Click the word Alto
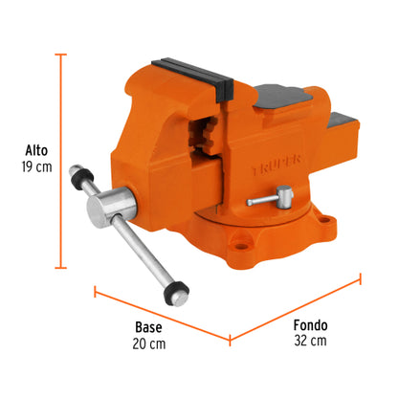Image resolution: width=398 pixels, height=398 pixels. pyautogui.click(x=36, y=150)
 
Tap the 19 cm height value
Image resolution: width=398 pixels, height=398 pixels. pyautogui.click(x=36, y=167)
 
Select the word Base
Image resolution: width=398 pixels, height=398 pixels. pyautogui.click(x=147, y=324)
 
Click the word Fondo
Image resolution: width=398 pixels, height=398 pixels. pyautogui.click(x=312, y=324)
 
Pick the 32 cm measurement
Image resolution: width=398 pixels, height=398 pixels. pyautogui.click(x=312, y=342)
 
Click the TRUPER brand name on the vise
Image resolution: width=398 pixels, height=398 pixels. pyautogui.click(x=290, y=166)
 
